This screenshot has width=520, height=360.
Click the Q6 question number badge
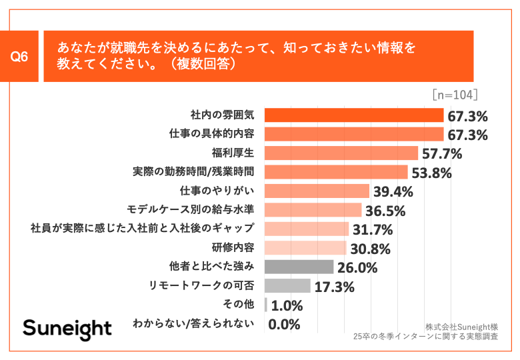coord(20,57)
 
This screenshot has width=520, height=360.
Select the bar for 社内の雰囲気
coord(354,115)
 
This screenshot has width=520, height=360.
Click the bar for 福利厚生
coord(341,153)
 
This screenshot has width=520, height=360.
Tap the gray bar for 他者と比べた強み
coord(299,267)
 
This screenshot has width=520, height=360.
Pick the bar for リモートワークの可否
coord(288,287)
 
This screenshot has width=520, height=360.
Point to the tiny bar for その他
coord(266,305)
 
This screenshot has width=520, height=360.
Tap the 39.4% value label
coord(393,192)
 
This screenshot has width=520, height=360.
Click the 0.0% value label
coord(284,325)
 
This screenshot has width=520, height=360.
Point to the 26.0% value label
coord(357,268)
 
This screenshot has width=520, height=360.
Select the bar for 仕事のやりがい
coord(317,191)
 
